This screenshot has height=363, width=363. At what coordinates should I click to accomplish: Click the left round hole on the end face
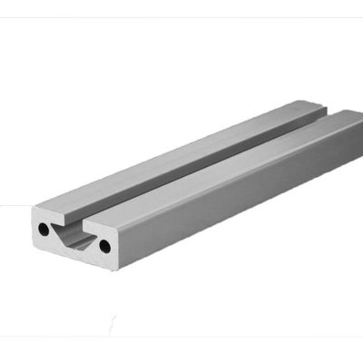[44, 231]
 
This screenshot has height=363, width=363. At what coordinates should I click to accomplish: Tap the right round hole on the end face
[105, 245]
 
